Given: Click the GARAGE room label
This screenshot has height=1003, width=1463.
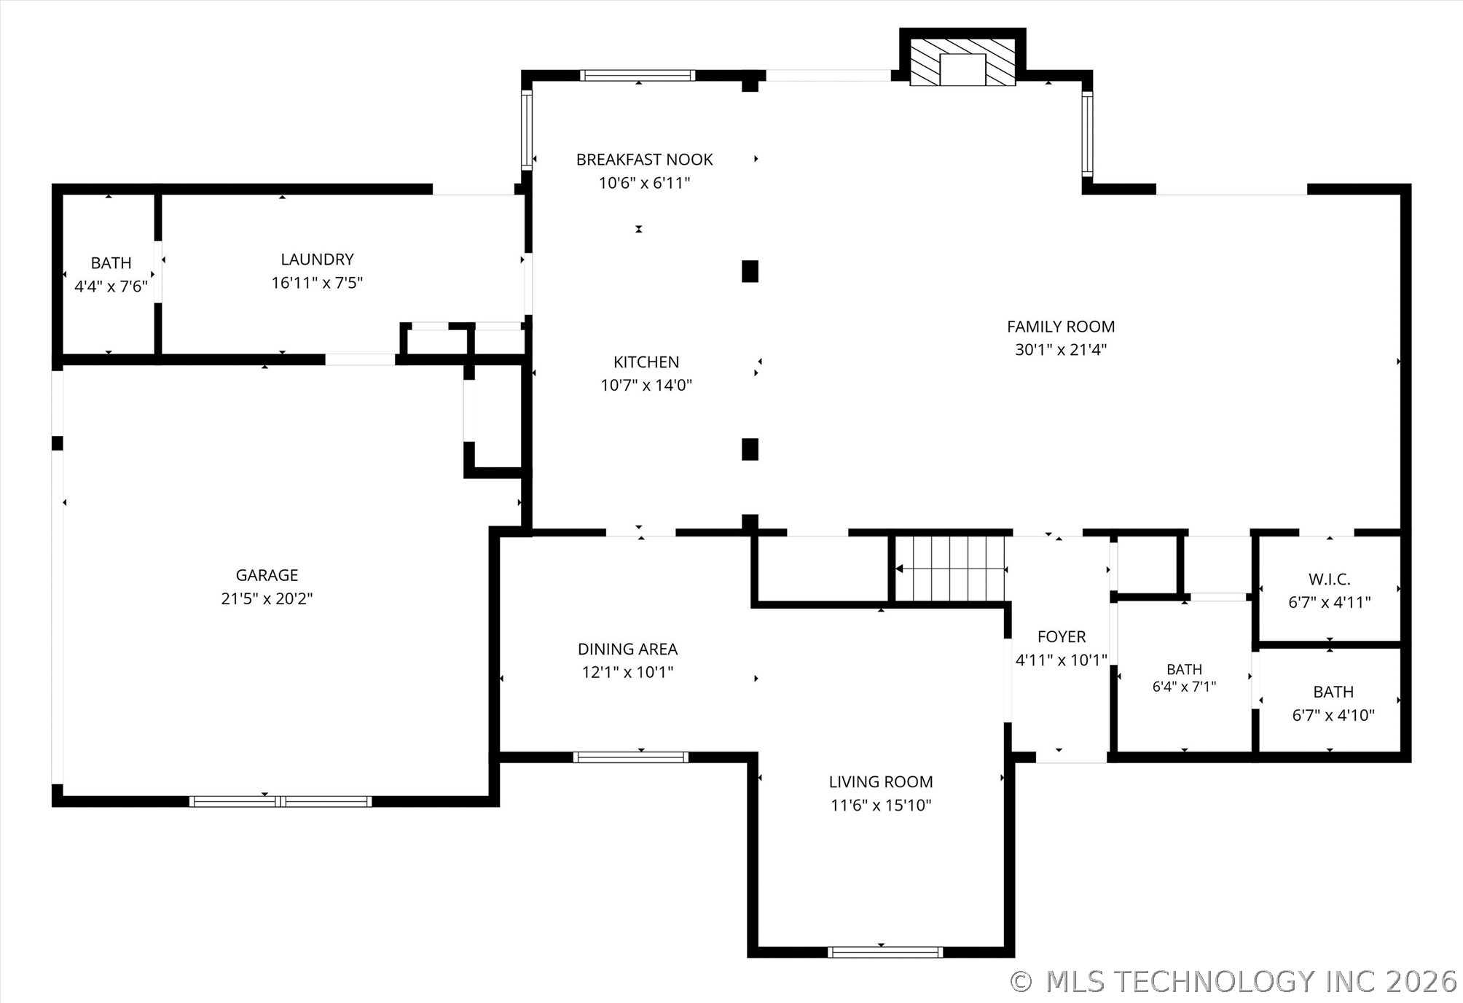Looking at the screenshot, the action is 267,575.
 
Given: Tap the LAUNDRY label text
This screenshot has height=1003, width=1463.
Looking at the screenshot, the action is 317,259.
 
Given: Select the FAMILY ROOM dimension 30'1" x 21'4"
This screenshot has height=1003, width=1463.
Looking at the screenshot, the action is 1061,350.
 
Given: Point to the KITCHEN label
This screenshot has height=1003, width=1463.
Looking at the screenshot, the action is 646,362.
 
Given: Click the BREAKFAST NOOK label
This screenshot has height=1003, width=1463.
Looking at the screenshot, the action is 644,160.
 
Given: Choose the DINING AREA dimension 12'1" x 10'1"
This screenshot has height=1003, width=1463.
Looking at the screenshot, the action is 627,672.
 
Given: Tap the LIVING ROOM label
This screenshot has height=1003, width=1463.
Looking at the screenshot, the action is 881,782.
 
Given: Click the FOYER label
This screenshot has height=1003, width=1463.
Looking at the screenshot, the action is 1062,637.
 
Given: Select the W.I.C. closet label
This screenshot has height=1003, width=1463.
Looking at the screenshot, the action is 1330,579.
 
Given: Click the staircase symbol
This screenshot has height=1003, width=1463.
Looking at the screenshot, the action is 950,569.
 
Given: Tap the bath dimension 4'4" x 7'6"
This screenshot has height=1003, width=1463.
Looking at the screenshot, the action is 111,286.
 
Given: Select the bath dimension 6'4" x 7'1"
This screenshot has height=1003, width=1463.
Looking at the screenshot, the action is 1184,687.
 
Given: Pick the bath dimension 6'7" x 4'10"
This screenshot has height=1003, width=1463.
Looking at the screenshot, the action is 1333,716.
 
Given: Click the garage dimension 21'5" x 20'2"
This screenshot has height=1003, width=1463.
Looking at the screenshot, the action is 267,598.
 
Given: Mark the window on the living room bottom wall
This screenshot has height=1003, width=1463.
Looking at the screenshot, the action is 885,952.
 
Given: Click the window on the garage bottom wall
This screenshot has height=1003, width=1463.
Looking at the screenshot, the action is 281,801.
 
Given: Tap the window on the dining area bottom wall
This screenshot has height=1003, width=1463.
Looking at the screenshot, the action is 631,757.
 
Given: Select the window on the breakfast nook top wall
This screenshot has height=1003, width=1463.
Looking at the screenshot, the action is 638,75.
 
